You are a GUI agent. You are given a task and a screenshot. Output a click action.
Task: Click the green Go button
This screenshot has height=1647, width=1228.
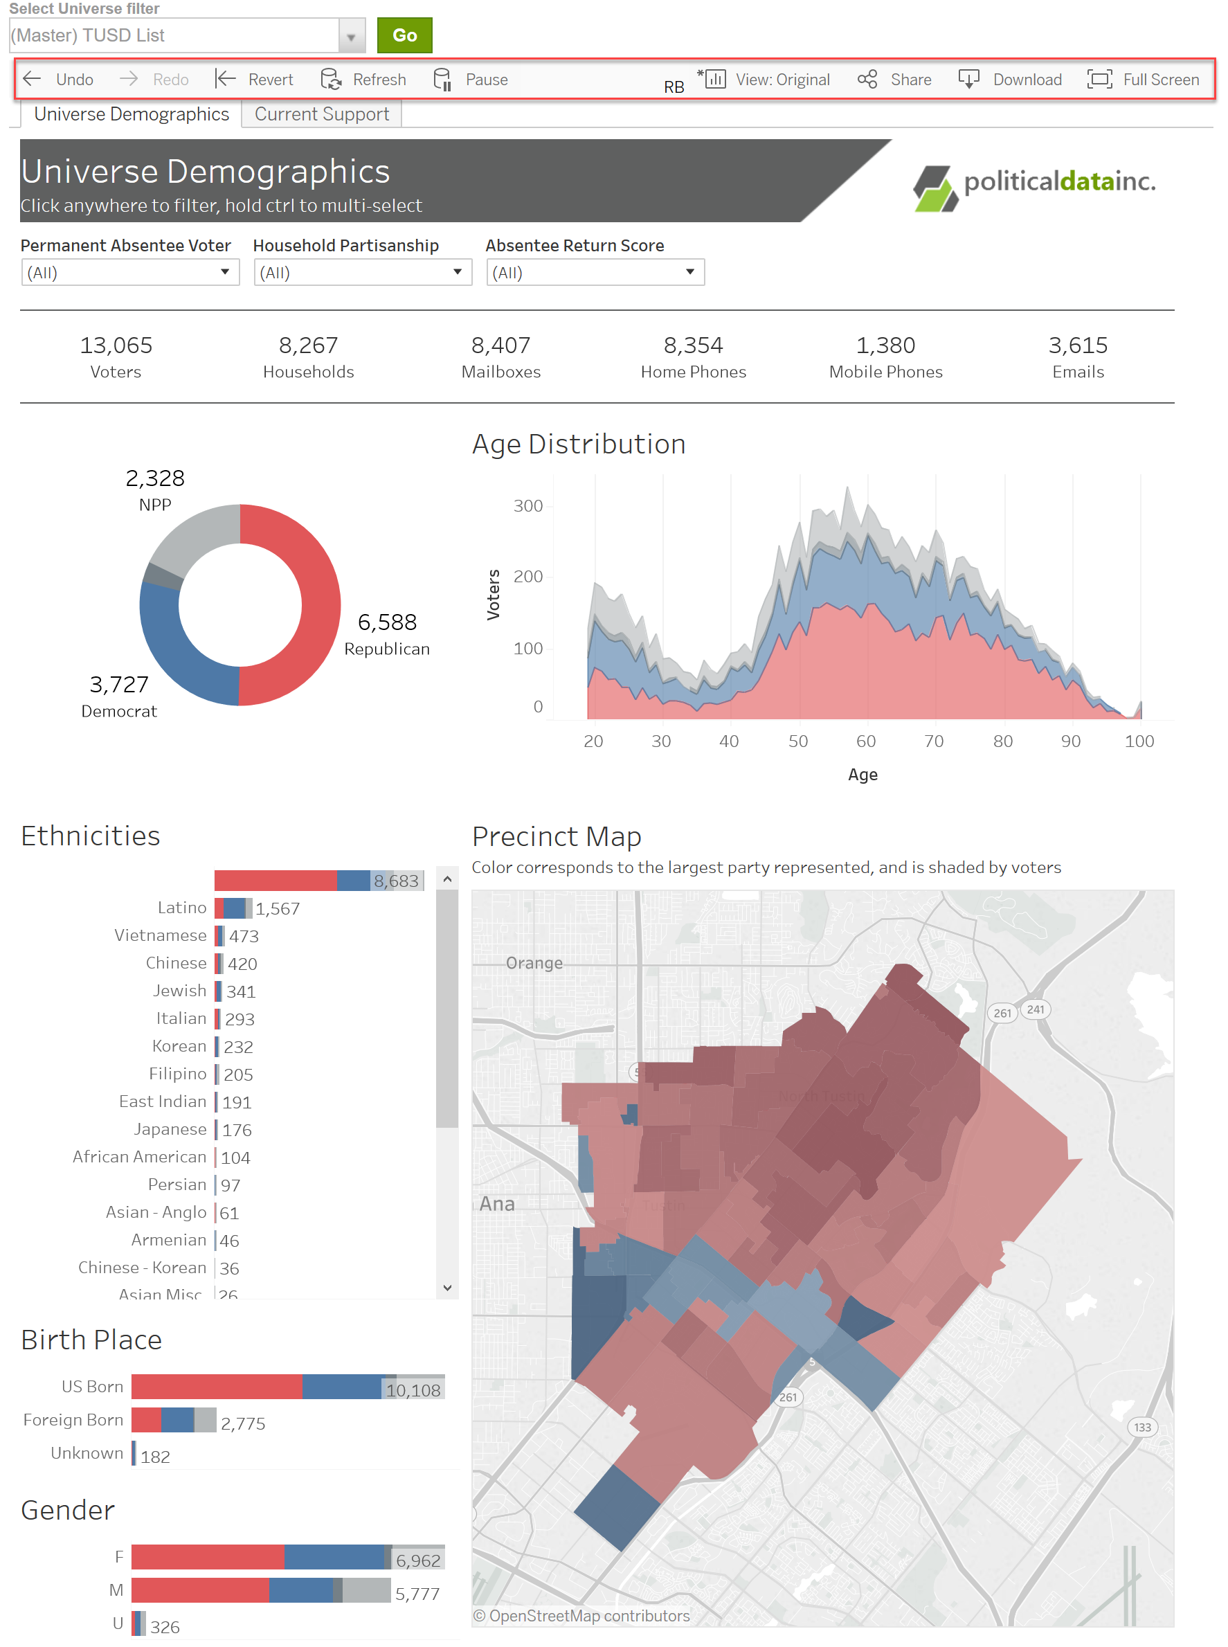coord(404,35)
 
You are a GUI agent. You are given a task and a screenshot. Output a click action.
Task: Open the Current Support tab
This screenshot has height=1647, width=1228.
coord(321,114)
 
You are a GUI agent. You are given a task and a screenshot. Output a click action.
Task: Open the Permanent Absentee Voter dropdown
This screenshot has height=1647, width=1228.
coord(129,273)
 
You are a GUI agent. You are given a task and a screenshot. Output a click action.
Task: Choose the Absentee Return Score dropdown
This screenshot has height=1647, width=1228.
coord(595,273)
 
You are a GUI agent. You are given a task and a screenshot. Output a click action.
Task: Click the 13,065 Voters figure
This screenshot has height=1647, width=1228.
coord(116,356)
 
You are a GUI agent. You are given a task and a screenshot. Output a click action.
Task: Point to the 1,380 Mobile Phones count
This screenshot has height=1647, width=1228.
coord(885,356)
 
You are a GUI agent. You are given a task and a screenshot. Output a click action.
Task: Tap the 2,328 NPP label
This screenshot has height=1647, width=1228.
coord(154,489)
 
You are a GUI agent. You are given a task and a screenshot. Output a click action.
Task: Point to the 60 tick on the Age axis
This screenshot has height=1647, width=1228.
coord(865,741)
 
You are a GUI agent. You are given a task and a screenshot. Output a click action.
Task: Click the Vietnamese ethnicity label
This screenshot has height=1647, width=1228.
coord(160,935)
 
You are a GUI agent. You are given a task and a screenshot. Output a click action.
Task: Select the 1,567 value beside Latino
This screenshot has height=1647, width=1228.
coord(278,908)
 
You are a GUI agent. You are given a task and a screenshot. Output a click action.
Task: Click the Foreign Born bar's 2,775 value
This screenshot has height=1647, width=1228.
coord(242,1423)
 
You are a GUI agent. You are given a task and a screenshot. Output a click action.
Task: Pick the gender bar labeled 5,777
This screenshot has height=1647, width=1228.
coord(260,1590)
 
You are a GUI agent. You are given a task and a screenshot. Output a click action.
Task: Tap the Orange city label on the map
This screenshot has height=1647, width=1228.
coord(534,962)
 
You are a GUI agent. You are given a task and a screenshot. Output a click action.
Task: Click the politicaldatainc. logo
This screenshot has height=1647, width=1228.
coord(1034,184)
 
